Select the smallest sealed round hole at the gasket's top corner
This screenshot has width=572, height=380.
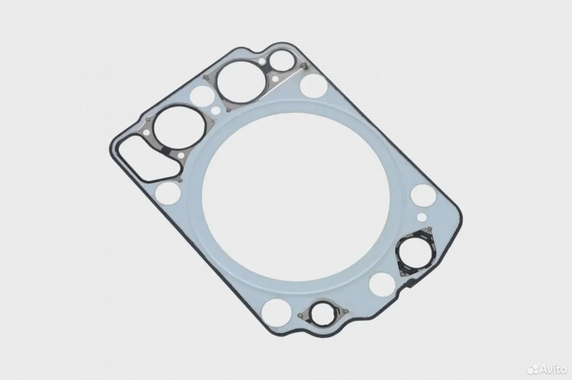point(282,61)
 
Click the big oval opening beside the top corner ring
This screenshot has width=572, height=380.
point(241,82)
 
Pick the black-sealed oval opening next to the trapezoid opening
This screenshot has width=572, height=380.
point(180,128)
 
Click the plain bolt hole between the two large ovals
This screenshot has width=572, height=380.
point(202,97)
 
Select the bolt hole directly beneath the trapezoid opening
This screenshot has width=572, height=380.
point(168,193)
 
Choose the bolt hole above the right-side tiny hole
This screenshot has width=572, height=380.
point(423,196)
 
